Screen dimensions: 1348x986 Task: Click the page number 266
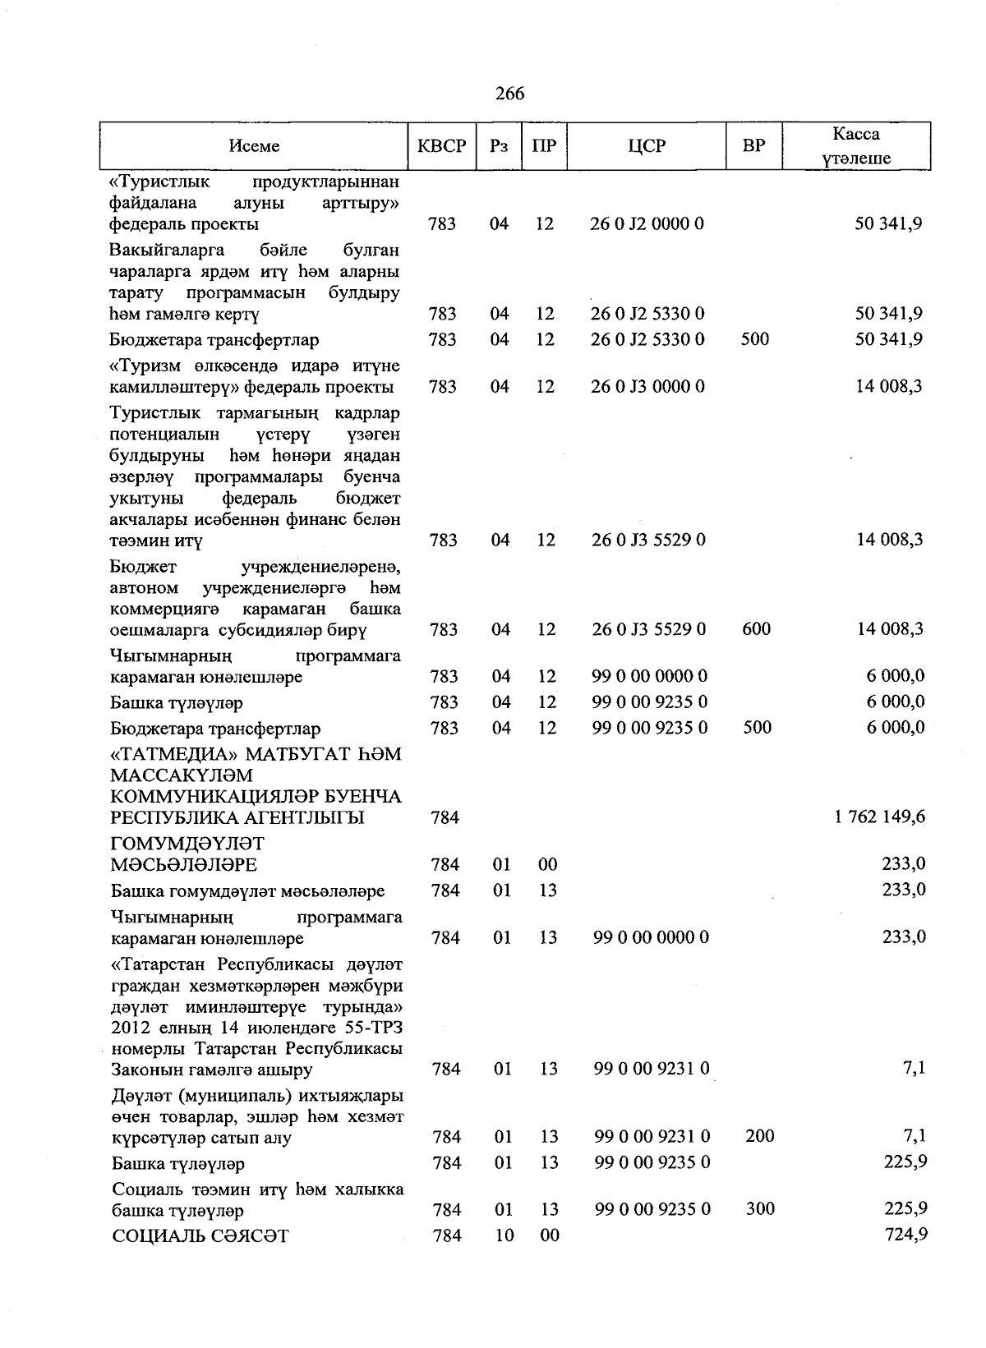coord(509,94)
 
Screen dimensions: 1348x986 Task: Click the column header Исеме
coord(254,146)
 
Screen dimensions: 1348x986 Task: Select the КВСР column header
coord(441,146)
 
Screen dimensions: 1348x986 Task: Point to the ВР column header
coord(753,146)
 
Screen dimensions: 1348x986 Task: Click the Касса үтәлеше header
coord(855,146)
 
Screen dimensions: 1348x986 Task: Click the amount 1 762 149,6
coord(880,817)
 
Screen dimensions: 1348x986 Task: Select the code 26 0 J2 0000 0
coord(647,223)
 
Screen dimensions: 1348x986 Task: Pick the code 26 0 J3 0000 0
coord(647,386)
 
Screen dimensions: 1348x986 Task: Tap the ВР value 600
coord(756,629)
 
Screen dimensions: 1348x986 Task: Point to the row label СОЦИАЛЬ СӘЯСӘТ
coord(200,1235)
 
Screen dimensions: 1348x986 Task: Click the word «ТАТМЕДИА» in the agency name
coord(168,754)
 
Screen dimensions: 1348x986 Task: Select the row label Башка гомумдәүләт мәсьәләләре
coord(247,890)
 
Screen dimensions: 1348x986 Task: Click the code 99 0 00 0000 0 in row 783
coord(649,676)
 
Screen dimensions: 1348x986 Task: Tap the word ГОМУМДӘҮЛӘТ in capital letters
coord(187,844)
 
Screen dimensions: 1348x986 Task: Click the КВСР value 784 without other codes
coord(445,817)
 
